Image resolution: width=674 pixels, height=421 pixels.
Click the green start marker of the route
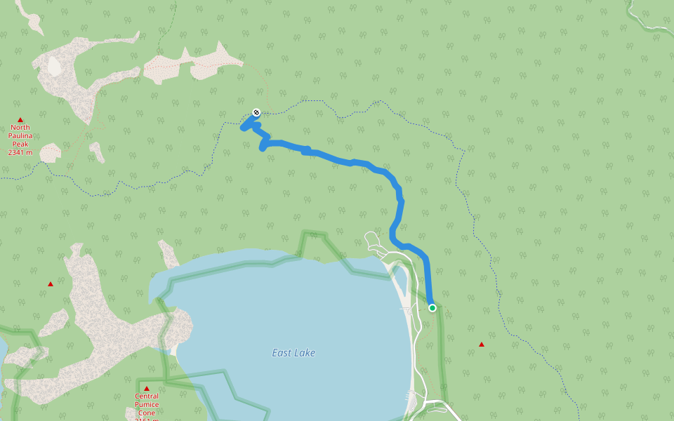tap(432, 307)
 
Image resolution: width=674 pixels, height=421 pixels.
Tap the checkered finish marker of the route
tap(256, 112)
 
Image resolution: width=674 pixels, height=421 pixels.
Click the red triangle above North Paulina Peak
tap(20, 120)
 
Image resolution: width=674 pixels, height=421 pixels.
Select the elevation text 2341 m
tap(20, 152)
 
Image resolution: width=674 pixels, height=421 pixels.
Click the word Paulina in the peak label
tap(20, 135)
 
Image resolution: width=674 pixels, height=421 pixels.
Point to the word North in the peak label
tap(20, 128)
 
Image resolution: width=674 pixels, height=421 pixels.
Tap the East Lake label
tap(293, 353)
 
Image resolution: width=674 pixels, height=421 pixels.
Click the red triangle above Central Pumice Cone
tap(147, 389)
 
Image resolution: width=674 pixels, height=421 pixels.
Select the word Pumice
tap(147, 404)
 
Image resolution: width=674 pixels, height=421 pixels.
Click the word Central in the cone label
tap(147, 396)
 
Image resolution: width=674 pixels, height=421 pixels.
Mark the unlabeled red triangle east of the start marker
tap(482, 344)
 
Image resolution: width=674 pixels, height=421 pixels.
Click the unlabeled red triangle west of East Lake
tap(51, 284)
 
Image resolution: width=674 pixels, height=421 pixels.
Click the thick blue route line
tap(351, 162)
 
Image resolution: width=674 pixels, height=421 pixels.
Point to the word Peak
tap(20, 143)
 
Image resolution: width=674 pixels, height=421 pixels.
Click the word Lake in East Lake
tap(305, 353)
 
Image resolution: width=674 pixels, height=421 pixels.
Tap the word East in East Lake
tap(282, 353)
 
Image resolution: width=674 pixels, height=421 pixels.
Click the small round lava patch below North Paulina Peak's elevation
tap(50, 152)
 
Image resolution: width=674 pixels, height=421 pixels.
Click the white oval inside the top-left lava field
tap(54, 66)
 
